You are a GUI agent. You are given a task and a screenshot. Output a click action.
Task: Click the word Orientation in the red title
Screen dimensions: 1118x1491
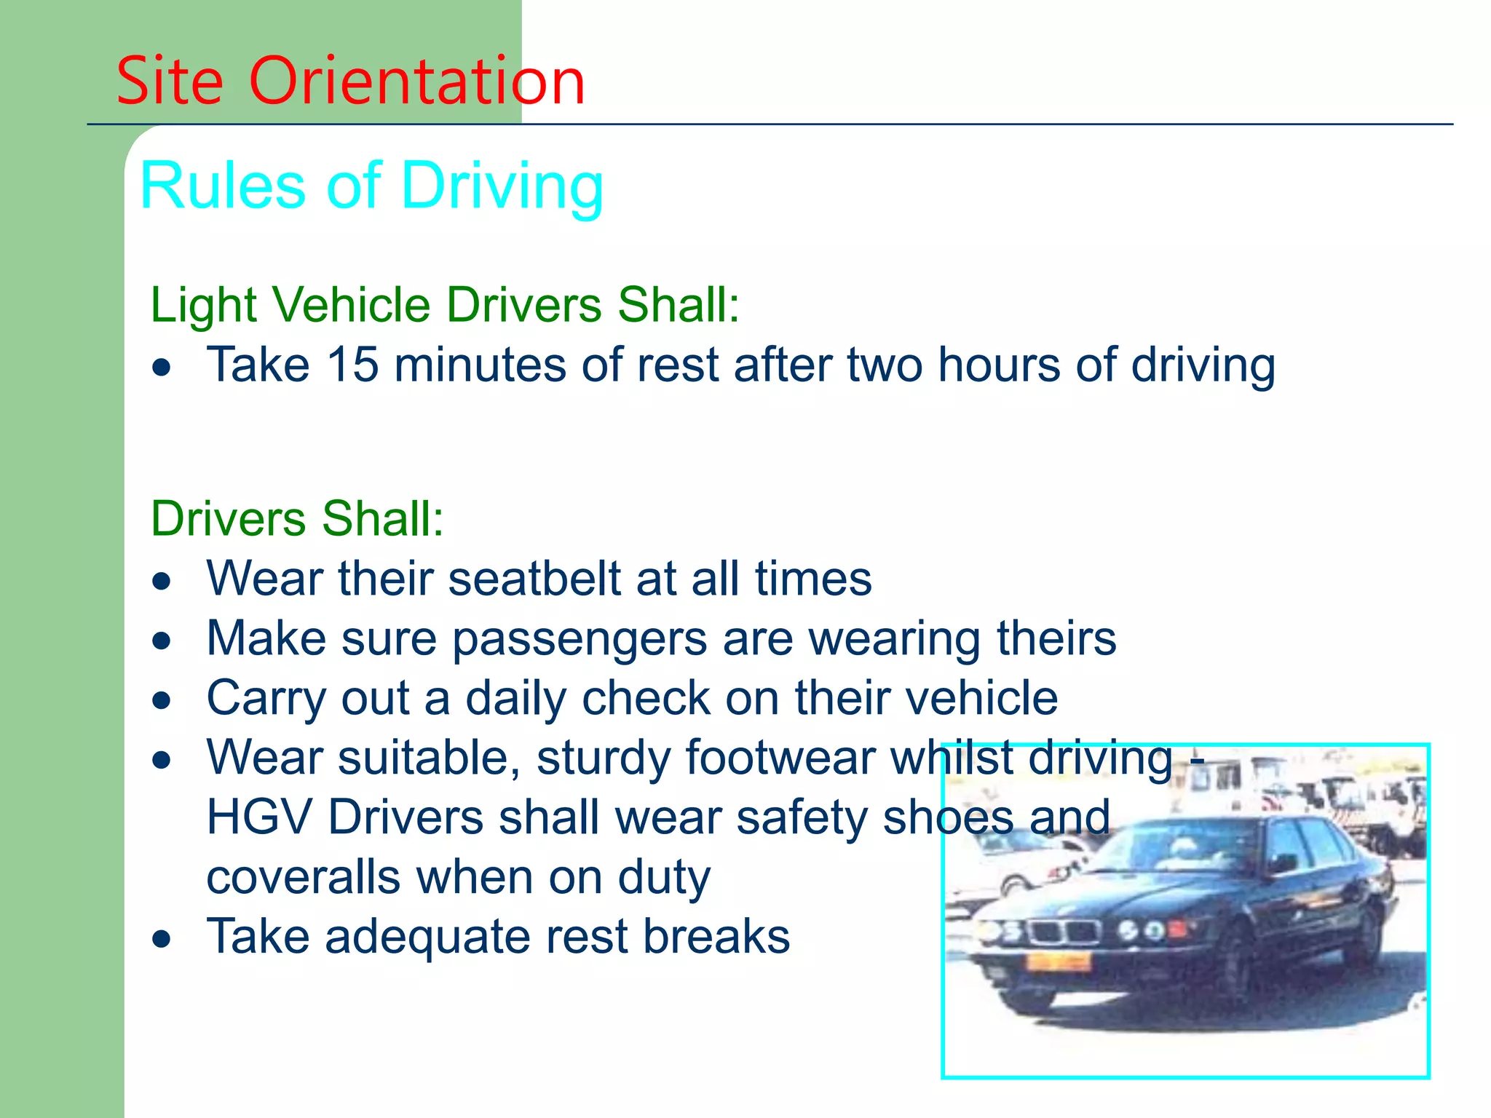(416, 81)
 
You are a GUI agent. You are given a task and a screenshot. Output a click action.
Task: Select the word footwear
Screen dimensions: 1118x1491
(780, 758)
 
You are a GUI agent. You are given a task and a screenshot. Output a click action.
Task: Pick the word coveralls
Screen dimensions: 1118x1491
(303, 877)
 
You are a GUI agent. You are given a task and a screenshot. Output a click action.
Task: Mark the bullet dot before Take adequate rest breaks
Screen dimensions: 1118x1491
(162, 940)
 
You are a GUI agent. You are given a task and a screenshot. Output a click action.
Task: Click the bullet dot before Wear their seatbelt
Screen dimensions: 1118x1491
(162, 582)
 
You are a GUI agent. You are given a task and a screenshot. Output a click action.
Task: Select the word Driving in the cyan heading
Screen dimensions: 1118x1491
(502, 187)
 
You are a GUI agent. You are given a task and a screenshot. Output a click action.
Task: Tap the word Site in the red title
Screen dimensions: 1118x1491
(170, 81)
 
